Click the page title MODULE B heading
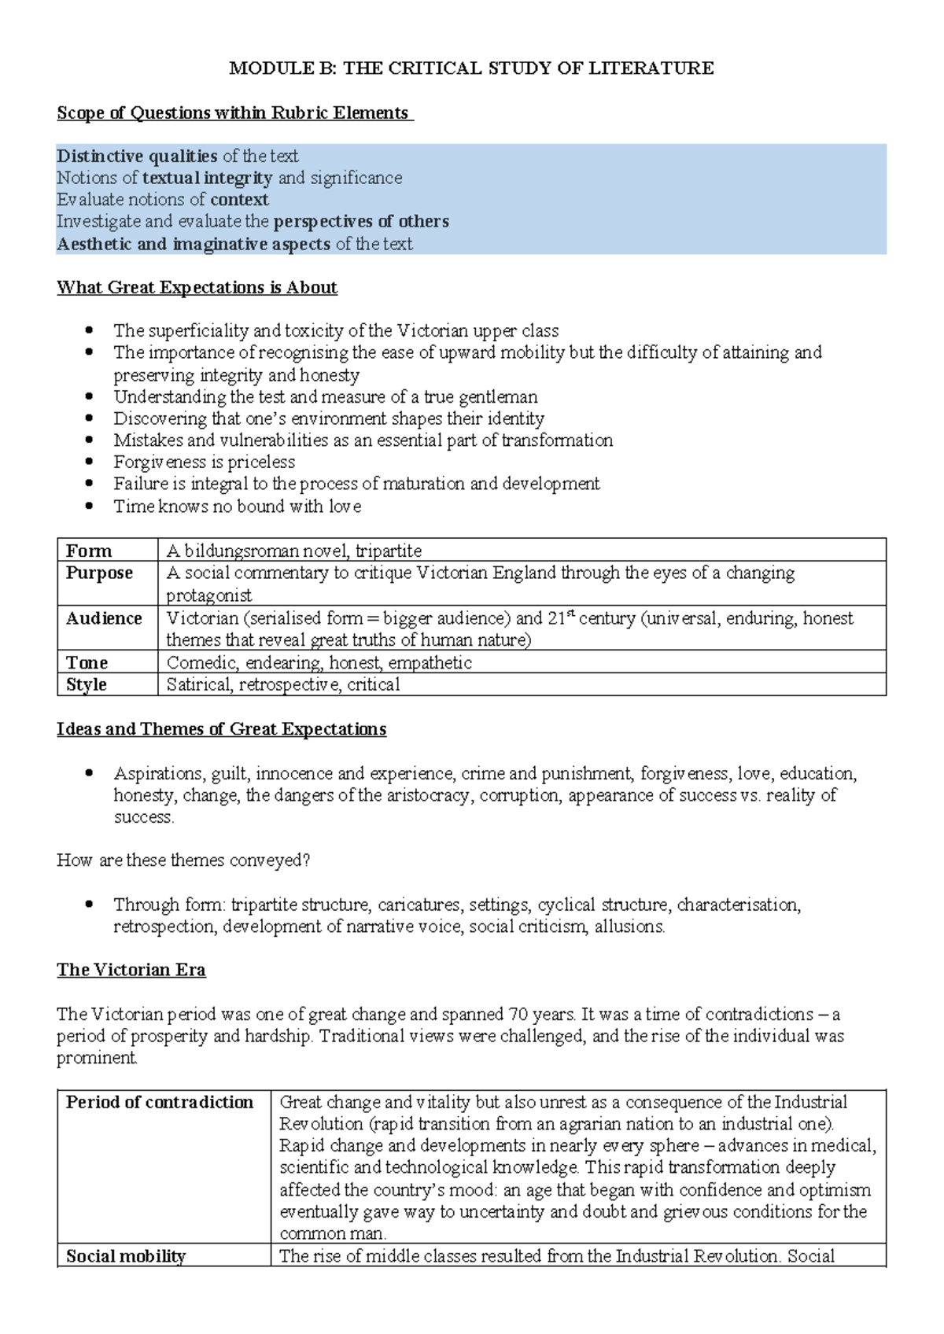(471, 68)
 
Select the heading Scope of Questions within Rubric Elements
(234, 113)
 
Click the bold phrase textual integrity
(208, 178)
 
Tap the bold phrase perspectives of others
(361, 222)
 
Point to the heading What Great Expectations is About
(197, 288)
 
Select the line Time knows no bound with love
(237, 507)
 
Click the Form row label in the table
(89, 551)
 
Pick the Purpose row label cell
(100, 573)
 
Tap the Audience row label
(104, 618)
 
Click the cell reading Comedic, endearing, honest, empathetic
(319, 663)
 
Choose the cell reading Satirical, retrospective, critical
(283, 685)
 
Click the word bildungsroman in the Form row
(240, 551)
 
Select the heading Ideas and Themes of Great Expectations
(221, 730)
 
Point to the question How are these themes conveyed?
(183, 860)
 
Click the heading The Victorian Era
(131, 970)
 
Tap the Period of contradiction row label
(160, 1102)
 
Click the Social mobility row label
(126, 1256)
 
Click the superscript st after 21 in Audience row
(571, 614)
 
